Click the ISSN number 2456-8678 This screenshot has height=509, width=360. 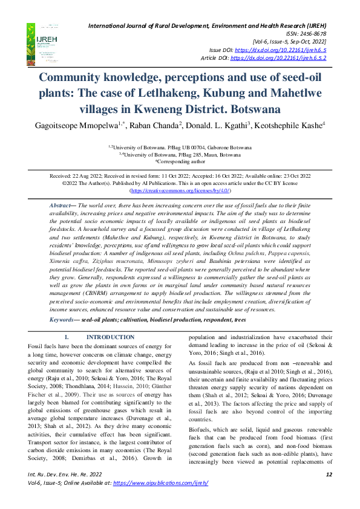click(x=310, y=34)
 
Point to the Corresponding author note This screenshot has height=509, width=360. click(x=180, y=161)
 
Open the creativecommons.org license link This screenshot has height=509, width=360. click(x=180, y=190)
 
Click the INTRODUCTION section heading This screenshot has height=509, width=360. click(x=110, y=337)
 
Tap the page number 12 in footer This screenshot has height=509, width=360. click(x=329, y=491)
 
